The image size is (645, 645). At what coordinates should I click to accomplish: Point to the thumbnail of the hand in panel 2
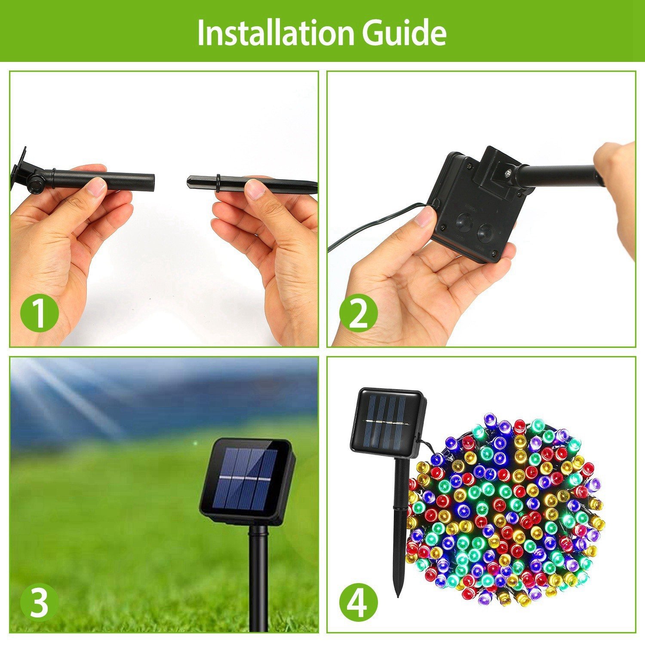424,216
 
